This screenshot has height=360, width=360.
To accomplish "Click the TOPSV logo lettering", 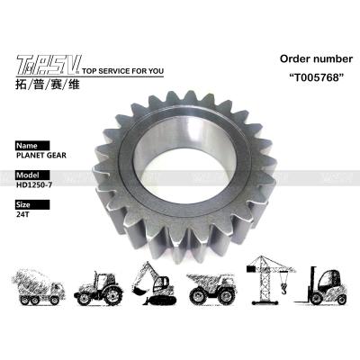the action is click(49, 65).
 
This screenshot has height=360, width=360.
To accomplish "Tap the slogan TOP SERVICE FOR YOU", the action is click(122, 71).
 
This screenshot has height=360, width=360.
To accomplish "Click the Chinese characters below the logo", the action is click(48, 85).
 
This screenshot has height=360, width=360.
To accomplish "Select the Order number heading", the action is click(316, 58).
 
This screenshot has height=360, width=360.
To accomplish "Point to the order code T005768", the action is click(316, 77).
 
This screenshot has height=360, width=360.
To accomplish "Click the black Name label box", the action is click(32, 146).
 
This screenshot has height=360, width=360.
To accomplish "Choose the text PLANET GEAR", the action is click(41, 156).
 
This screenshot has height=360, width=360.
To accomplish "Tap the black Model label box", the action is click(32, 175).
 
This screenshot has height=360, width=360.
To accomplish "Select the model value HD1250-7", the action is click(34, 184).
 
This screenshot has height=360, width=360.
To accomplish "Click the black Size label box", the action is click(32, 204).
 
